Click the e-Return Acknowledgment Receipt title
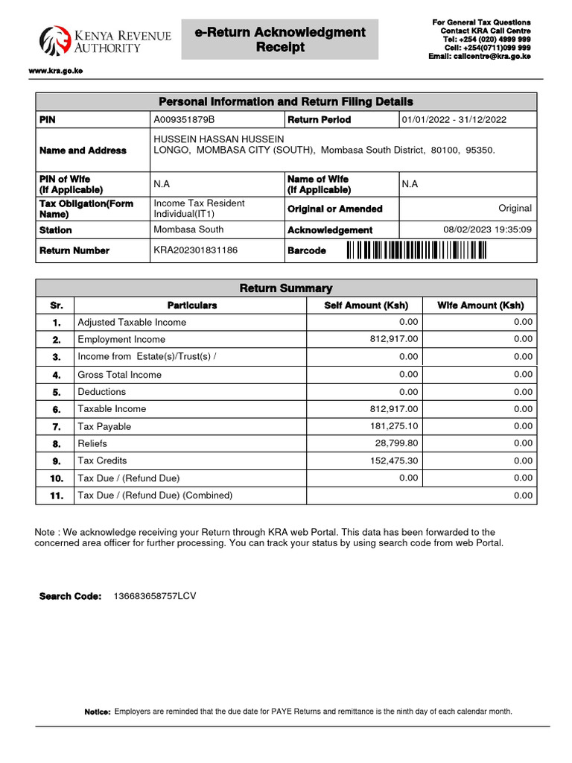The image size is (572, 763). pos(280,39)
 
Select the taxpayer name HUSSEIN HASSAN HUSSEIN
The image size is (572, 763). pos(218,139)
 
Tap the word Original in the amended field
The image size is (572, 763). pos(515,209)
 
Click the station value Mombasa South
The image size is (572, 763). pos(188,229)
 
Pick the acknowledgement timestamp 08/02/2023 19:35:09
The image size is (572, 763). pos(487,229)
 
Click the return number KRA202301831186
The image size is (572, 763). pos(195,250)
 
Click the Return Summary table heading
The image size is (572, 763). pos(285,288)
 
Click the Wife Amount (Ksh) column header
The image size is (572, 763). pos(480,305)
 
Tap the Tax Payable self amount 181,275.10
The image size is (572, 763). pos(394,426)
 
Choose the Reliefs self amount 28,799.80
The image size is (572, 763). pos(397,443)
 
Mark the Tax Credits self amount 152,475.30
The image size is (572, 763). pos(394,460)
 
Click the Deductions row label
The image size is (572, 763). pos(102,392)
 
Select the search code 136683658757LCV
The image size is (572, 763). pos(154,596)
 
